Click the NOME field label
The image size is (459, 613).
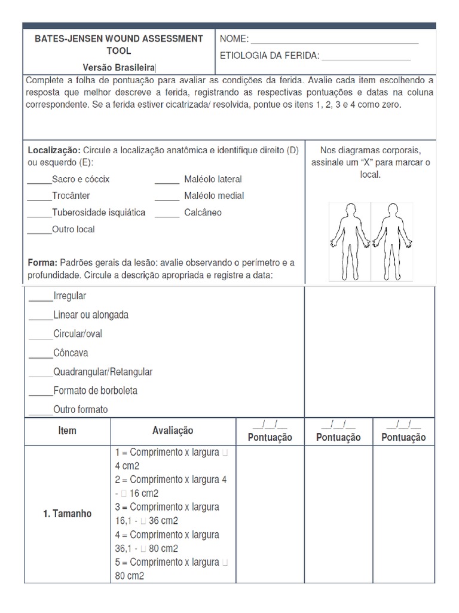234,40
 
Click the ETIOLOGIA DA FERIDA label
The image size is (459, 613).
270,56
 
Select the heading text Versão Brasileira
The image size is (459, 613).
120,68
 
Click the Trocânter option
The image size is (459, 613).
71,196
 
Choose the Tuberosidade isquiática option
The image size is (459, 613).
98,213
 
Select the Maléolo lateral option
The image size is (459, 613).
212,180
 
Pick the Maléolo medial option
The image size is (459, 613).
213,196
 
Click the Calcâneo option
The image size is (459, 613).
203,213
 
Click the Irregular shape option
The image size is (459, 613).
69,296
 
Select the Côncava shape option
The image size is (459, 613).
71,353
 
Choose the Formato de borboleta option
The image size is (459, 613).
95,391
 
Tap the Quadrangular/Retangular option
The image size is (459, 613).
102,372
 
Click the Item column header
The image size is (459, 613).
68,431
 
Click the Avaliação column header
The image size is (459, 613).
173,431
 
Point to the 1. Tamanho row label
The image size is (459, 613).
68,514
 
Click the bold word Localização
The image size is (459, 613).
54,149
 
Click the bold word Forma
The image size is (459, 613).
42,263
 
